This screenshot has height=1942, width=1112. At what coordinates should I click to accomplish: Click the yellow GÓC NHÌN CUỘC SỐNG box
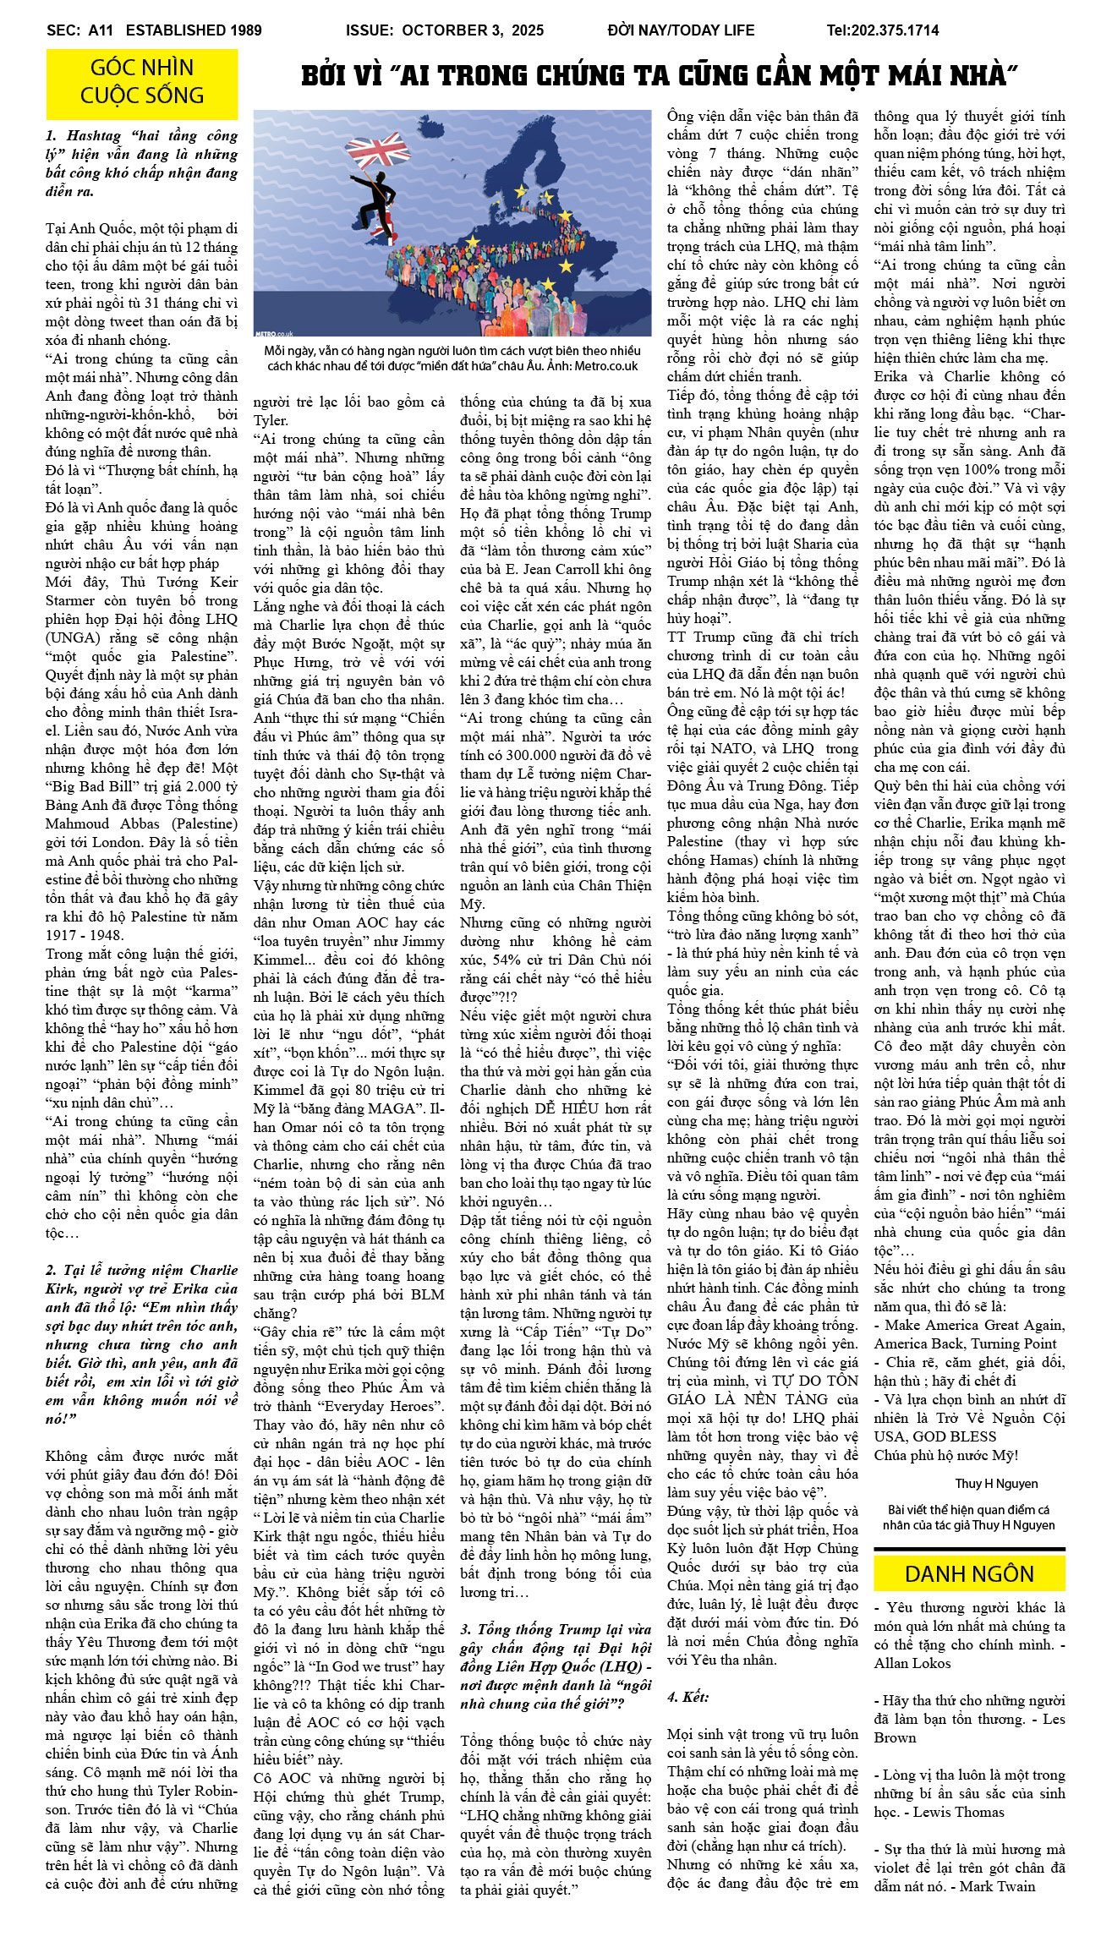coord(142,82)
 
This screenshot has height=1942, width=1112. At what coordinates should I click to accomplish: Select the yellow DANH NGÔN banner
coord(969,1573)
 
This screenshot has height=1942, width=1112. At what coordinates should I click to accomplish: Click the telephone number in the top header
coord(882,30)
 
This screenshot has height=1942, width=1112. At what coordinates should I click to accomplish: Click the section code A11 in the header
coord(102,30)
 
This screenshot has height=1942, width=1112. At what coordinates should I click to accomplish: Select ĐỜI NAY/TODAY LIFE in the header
coord(680,30)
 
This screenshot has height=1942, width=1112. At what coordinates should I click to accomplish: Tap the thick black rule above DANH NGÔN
coord(969,1550)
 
